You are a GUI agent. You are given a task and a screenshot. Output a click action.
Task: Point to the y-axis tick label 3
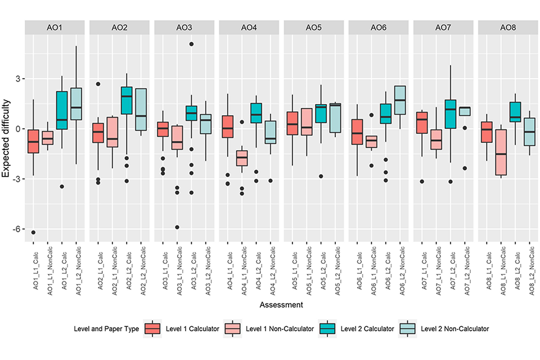pyautogui.click(x=17, y=79)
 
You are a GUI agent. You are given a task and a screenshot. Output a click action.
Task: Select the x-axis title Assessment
pyautogui.click(x=281, y=305)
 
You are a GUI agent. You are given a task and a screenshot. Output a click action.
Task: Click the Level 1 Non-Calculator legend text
pyautogui.click(x=279, y=328)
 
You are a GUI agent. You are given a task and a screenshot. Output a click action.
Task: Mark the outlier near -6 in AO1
pyautogui.click(x=33, y=232)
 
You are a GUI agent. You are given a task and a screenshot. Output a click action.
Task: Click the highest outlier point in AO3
pyautogui.click(x=192, y=44)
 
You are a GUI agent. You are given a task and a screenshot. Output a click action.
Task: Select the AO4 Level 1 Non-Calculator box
pyautogui.click(x=242, y=157)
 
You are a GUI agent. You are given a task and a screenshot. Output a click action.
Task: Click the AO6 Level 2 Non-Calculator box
pyautogui.click(x=400, y=100)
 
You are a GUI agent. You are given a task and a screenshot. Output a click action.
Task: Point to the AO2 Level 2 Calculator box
pyautogui.click(x=127, y=101)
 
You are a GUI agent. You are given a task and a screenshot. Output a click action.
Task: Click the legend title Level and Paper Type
pyautogui.click(x=106, y=328)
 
